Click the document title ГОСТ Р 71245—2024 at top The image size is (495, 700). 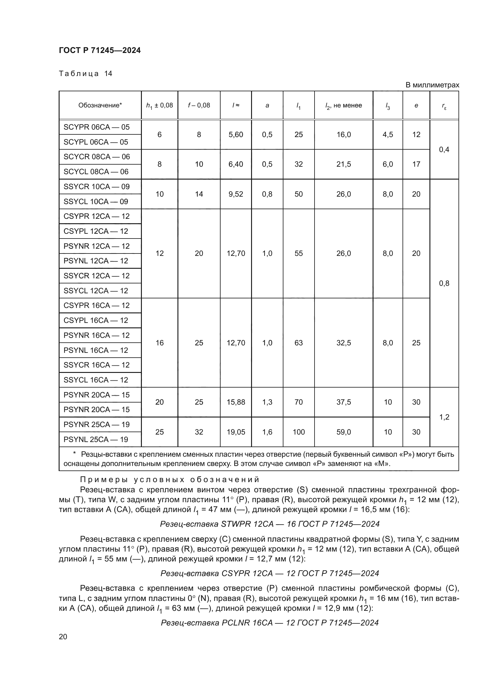coord(100,50)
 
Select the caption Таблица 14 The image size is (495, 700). coord(85,74)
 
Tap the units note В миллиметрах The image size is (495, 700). coord(432,85)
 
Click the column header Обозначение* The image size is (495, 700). coord(100,105)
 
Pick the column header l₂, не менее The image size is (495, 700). coord(344,105)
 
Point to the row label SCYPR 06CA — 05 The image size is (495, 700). coord(96,127)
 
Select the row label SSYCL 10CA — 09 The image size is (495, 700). coord(96,201)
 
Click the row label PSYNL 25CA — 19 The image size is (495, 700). coord(96,439)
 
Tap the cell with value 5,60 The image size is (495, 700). coord(236,134)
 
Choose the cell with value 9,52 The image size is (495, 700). coord(236,194)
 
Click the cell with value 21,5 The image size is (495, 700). coord(344,164)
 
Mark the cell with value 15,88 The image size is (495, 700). coord(236,402)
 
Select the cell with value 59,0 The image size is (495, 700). coord(344,432)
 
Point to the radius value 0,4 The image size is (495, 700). coord(444,149)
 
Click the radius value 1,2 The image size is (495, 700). coord(444,417)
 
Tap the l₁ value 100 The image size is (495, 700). coord(298,432)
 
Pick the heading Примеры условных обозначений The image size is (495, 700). coord(169,479)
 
